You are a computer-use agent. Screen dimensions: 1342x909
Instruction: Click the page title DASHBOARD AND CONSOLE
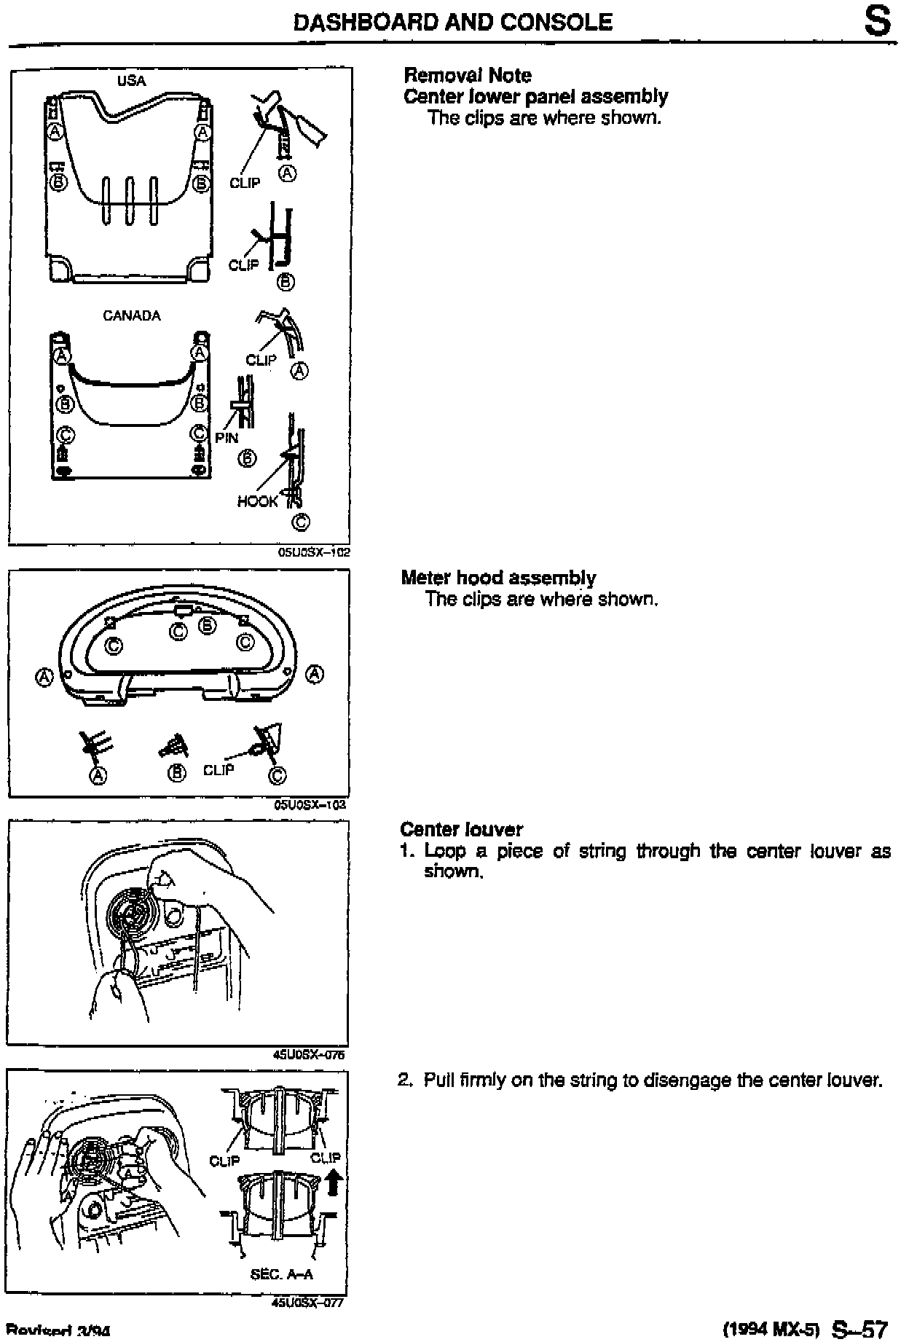452,23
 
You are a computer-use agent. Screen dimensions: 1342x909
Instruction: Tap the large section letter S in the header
877,23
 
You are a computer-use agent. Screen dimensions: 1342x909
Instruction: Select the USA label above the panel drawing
132,81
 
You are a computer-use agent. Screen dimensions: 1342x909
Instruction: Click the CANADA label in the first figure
132,315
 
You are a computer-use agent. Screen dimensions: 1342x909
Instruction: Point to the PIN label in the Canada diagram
227,438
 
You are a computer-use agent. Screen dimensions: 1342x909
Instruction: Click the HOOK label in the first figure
257,501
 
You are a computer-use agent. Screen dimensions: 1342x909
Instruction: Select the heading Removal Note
467,75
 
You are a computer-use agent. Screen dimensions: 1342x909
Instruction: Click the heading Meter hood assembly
498,578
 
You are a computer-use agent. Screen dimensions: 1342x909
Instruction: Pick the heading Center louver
461,829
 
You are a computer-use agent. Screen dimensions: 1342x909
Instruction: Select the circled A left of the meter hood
45,678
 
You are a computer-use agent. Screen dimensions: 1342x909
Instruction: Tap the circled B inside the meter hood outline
208,625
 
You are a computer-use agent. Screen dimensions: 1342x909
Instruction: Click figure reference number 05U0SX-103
310,805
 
